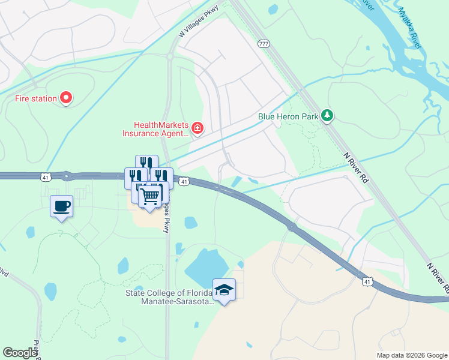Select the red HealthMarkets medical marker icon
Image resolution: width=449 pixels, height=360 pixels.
coord(197,128)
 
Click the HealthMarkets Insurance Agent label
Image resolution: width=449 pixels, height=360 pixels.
coord(155,129)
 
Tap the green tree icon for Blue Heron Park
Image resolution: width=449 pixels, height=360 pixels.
coord(327,115)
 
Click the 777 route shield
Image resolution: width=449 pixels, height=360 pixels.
coord(264,43)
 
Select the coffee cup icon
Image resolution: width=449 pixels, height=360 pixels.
coord(61,206)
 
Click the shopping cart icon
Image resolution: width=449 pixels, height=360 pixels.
coord(150,196)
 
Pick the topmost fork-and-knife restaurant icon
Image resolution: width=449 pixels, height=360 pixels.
coord(146,164)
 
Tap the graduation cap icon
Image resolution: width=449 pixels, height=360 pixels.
coord(224,290)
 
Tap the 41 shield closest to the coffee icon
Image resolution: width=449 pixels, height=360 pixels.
coord(46,176)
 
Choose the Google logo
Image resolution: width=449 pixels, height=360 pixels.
coord(20,353)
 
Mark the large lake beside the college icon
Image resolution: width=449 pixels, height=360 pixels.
coord(206,266)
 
